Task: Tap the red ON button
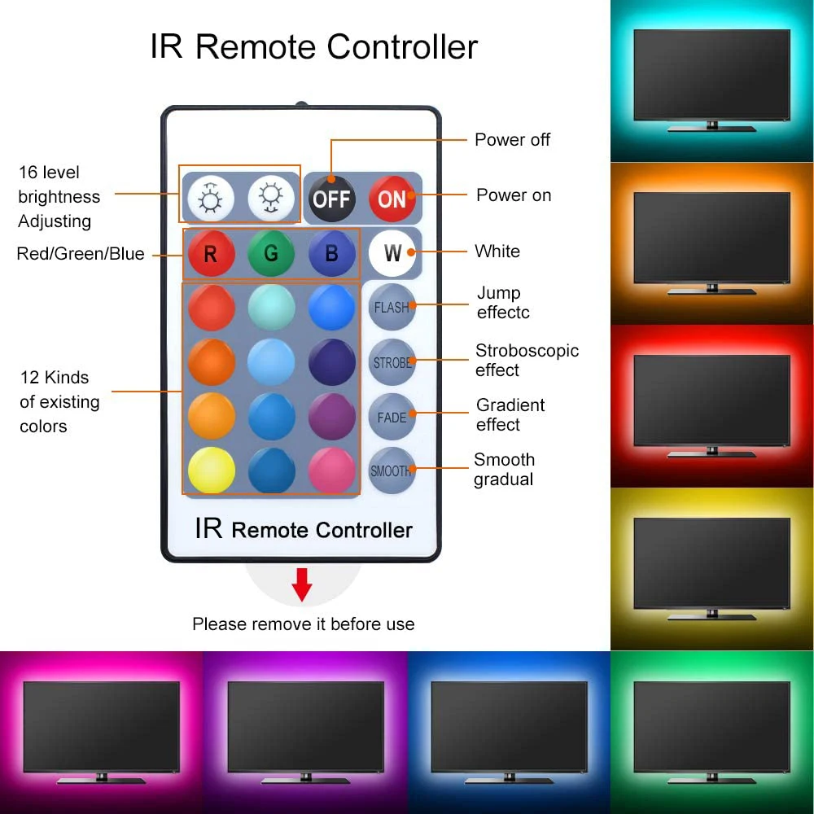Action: (x=392, y=198)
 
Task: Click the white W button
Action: (x=392, y=253)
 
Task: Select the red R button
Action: (x=211, y=254)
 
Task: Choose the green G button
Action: (x=271, y=254)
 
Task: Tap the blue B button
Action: (x=331, y=254)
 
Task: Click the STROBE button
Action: (x=392, y=362)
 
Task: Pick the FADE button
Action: (x=392, y=417)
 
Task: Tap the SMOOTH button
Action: (x=392, y=470)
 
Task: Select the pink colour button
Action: (x=331, y=470)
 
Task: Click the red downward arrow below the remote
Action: (x=302, y=585)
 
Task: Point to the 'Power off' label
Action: (x=512, y=140)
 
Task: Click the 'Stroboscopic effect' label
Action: (x=527, y=360)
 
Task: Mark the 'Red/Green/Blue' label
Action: (x=81, y=254)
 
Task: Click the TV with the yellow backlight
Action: (x=711, y=568)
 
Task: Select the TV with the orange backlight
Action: (x=711, y=243)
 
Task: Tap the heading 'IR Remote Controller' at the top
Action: (x=313, y=47)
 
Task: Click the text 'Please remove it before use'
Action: (x=303, y=624)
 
